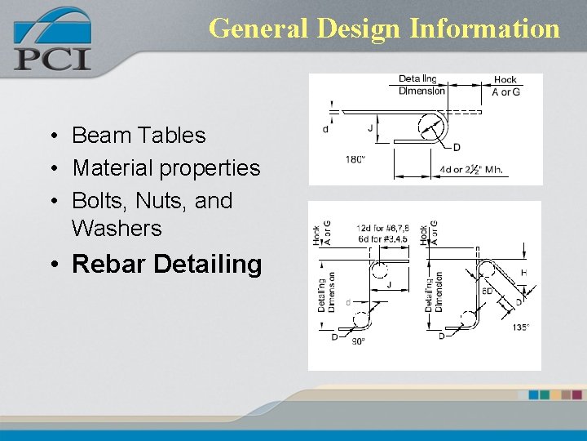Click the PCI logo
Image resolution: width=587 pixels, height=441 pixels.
point(51,41)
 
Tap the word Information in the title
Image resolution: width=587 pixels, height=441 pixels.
point(484,29)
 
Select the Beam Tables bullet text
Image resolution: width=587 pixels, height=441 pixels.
point(139,135)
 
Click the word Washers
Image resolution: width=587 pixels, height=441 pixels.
point(117,228)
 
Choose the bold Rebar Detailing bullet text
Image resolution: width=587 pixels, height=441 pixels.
point(166,264)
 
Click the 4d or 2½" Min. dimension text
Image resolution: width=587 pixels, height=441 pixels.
point(472,171)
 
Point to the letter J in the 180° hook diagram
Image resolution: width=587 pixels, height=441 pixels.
point(370,128)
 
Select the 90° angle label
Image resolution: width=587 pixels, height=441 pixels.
point(359,342)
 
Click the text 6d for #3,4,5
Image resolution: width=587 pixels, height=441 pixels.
point(382,238)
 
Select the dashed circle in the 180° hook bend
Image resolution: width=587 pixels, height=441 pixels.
point(432,127)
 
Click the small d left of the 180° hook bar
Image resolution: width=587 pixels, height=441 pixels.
point(326,129)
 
